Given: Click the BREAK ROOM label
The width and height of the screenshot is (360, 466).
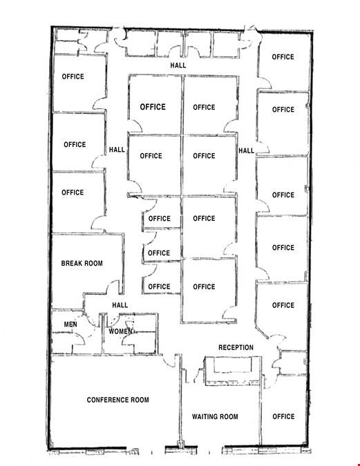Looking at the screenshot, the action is click(x=82, y=263).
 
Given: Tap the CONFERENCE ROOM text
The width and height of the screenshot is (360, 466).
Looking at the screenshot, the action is click(x=118, y=400).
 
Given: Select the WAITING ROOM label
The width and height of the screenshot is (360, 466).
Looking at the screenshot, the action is click(x=215, y=417).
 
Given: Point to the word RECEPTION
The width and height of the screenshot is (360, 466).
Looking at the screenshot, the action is click(x=236, y=347).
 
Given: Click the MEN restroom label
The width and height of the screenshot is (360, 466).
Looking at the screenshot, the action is click(x=70, y=324).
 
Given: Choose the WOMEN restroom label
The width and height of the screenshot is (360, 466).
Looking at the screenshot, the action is click(x=120, y=331).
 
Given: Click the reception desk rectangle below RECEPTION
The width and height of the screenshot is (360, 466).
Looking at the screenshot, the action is click(x=233, y=371).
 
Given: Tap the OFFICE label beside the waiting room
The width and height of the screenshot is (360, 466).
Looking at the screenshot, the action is click(x=283, y=417).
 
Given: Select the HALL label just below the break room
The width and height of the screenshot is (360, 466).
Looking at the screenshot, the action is click(x=120, y=305).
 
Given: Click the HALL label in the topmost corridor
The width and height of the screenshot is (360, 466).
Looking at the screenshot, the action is click(x=178, y=66).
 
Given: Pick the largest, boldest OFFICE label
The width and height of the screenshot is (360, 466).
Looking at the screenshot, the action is click(x=153, y=107).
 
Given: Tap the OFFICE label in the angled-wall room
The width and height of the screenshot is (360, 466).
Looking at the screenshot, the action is click(x=283, y=305).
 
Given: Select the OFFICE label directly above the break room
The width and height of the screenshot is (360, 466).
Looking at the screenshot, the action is click(x=73, y=193).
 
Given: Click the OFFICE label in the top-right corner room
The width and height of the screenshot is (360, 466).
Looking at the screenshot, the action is click(x=283, y=57).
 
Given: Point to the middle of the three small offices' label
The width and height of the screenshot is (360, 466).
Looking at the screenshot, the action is click(x=159, y=253).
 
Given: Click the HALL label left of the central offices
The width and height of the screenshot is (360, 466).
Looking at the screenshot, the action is click(x=117, y=150).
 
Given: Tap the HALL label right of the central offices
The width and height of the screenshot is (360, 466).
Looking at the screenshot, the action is click(x=247, y=151).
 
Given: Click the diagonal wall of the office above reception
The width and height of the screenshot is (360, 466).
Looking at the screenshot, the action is click(x=262, y=332).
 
